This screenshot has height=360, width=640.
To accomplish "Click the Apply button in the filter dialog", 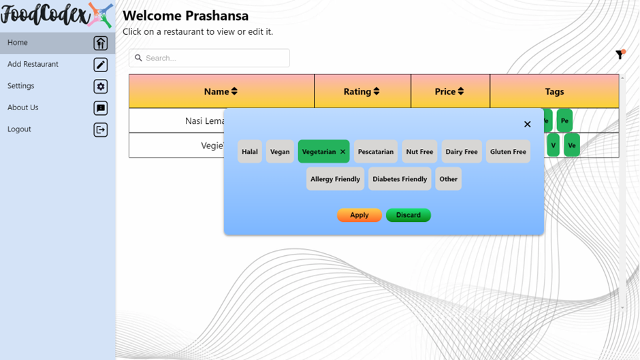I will tap(359, 215).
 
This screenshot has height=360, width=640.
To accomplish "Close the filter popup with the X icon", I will tap(527, 124).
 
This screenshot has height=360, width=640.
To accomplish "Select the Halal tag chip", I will tap(250, 152).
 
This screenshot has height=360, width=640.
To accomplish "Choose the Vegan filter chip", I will tap(280, 152).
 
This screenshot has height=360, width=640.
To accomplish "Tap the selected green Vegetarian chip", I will tap(319, 152).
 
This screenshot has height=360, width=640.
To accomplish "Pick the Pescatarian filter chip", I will tap(375, 152).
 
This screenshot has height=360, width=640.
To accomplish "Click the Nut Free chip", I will tap(419, 152).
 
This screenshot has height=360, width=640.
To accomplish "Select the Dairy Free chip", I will tap(462, 152).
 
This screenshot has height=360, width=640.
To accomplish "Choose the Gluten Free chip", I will tap(508, 152).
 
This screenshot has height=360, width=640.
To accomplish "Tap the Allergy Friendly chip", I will tap(335, 179).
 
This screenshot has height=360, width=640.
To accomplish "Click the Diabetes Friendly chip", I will tap(400, 179).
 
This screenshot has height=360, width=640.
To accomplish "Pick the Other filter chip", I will tap(448, 179).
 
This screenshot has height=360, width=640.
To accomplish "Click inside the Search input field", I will tap(214, 58).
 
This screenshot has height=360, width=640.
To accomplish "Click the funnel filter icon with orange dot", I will tap(620, 54).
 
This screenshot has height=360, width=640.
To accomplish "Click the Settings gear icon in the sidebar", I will tap(101, 86).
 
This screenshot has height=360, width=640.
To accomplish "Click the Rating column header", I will tap(362, 91).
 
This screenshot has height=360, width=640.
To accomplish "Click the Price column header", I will tap(449, 91).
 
